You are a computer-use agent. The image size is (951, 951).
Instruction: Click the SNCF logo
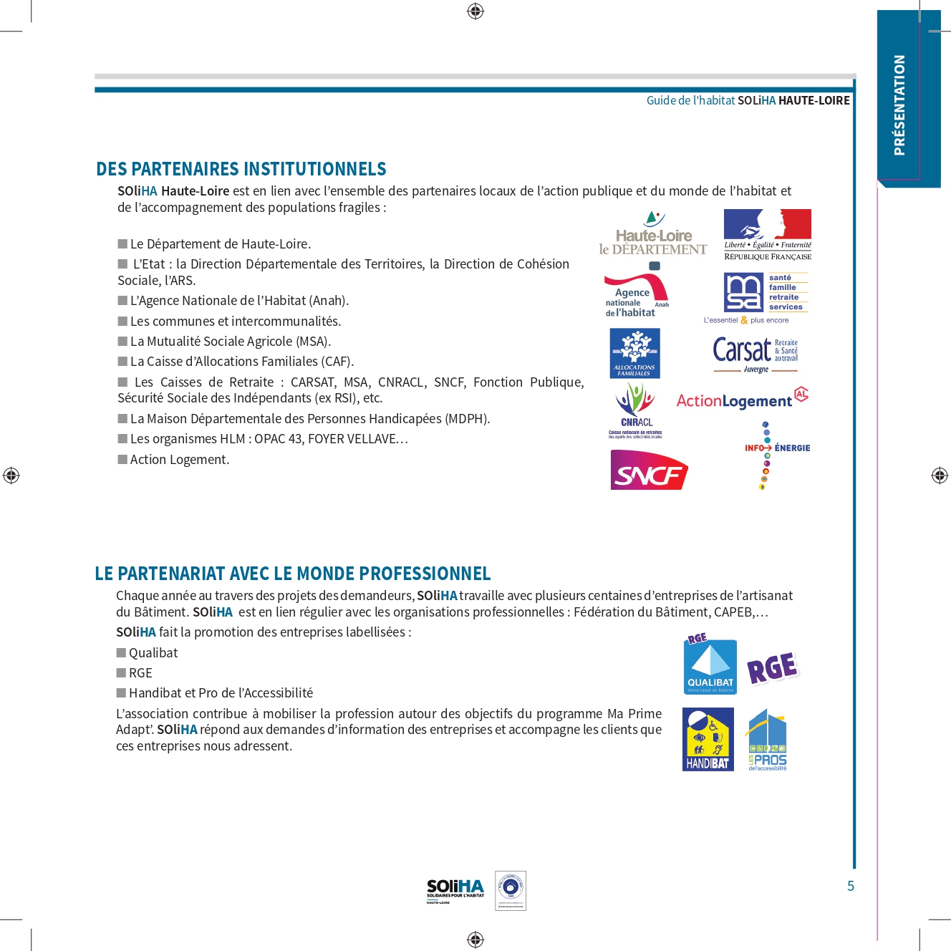coord(649,470)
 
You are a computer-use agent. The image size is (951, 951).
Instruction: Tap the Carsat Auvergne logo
coord(756,354)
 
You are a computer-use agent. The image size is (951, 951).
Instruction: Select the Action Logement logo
coord(742,400)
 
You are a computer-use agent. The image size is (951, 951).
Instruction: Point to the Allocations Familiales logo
coord(634,353)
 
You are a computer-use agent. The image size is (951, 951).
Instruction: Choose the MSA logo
coord(766,292)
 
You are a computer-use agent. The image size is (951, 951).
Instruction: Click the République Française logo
coord(767,235)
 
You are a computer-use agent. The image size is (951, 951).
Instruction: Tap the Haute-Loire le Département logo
coord(653,234)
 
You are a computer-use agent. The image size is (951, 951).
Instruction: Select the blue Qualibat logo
coord(710,666)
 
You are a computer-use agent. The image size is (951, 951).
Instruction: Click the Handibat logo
coord(708,739)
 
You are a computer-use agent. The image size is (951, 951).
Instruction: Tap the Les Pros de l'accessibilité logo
coord(767,740)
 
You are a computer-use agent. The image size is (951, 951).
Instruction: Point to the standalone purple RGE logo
coord(772,668)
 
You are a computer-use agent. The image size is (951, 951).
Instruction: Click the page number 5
coord(851,886)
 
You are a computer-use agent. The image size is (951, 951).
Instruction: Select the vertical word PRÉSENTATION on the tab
coord(899,105)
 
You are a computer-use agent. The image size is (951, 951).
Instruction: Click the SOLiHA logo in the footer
coord(455,891)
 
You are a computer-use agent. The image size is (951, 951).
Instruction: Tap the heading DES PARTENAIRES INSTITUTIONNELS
coord(241,169)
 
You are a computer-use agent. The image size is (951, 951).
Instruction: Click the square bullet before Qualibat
coord(121,652)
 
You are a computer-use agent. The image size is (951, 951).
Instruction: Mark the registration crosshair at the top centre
coord(475,11)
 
